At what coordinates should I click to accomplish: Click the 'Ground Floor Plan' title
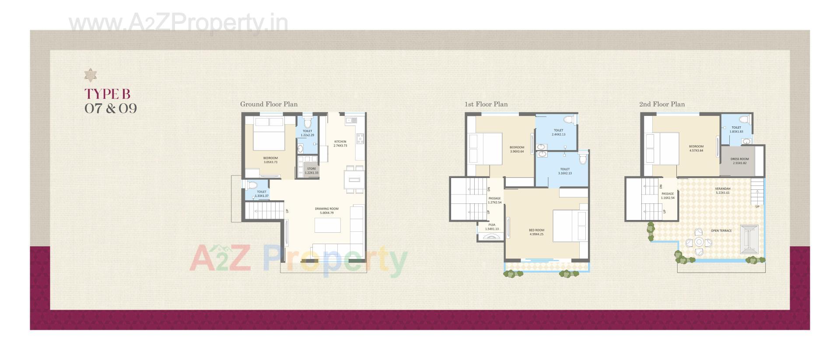click(269, 104)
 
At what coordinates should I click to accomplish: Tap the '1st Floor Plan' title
click(486, 104)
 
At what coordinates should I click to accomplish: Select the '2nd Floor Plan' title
click(662, 104)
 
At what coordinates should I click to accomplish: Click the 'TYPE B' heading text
click(107, 94)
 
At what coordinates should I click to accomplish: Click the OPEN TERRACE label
click(721, 231)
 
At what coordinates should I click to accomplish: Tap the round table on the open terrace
click(699, 242)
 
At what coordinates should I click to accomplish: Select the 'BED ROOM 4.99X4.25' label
click(536, 232)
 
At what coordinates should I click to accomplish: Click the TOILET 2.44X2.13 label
click(558, 132)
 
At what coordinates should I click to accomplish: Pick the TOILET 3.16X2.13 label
click(565, 171)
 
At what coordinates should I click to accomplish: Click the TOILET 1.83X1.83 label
click(736, 129)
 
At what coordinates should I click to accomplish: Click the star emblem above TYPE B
click(91, 75)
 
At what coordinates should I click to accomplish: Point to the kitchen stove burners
click(360, 139)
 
